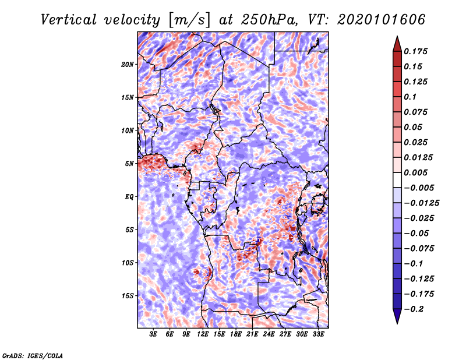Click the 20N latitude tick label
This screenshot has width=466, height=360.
[127, 65]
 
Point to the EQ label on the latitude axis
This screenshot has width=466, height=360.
[129, 197]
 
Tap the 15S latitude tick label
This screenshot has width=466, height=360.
[128, 296]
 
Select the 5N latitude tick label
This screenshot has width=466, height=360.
[129, 164]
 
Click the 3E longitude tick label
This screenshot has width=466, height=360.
[153, 334]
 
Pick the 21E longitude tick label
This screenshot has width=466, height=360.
[252, 334]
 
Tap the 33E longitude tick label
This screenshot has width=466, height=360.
[318, 334]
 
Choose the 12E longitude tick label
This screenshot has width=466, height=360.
[202, 334]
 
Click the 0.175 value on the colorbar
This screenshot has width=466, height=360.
[415, 51]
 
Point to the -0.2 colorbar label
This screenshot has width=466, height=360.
[414, 309]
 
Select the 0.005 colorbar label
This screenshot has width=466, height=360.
[415, 172]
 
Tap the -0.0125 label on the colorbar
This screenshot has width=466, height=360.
[421, 203]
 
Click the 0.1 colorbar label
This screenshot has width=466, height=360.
[410, 97]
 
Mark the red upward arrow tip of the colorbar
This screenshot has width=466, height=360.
[397, 36]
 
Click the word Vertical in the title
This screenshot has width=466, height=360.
[69, 20]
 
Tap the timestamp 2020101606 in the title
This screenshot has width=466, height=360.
[382, 20]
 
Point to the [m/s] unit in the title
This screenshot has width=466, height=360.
[190, 20]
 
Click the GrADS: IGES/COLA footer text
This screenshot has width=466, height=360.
[33, 355]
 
